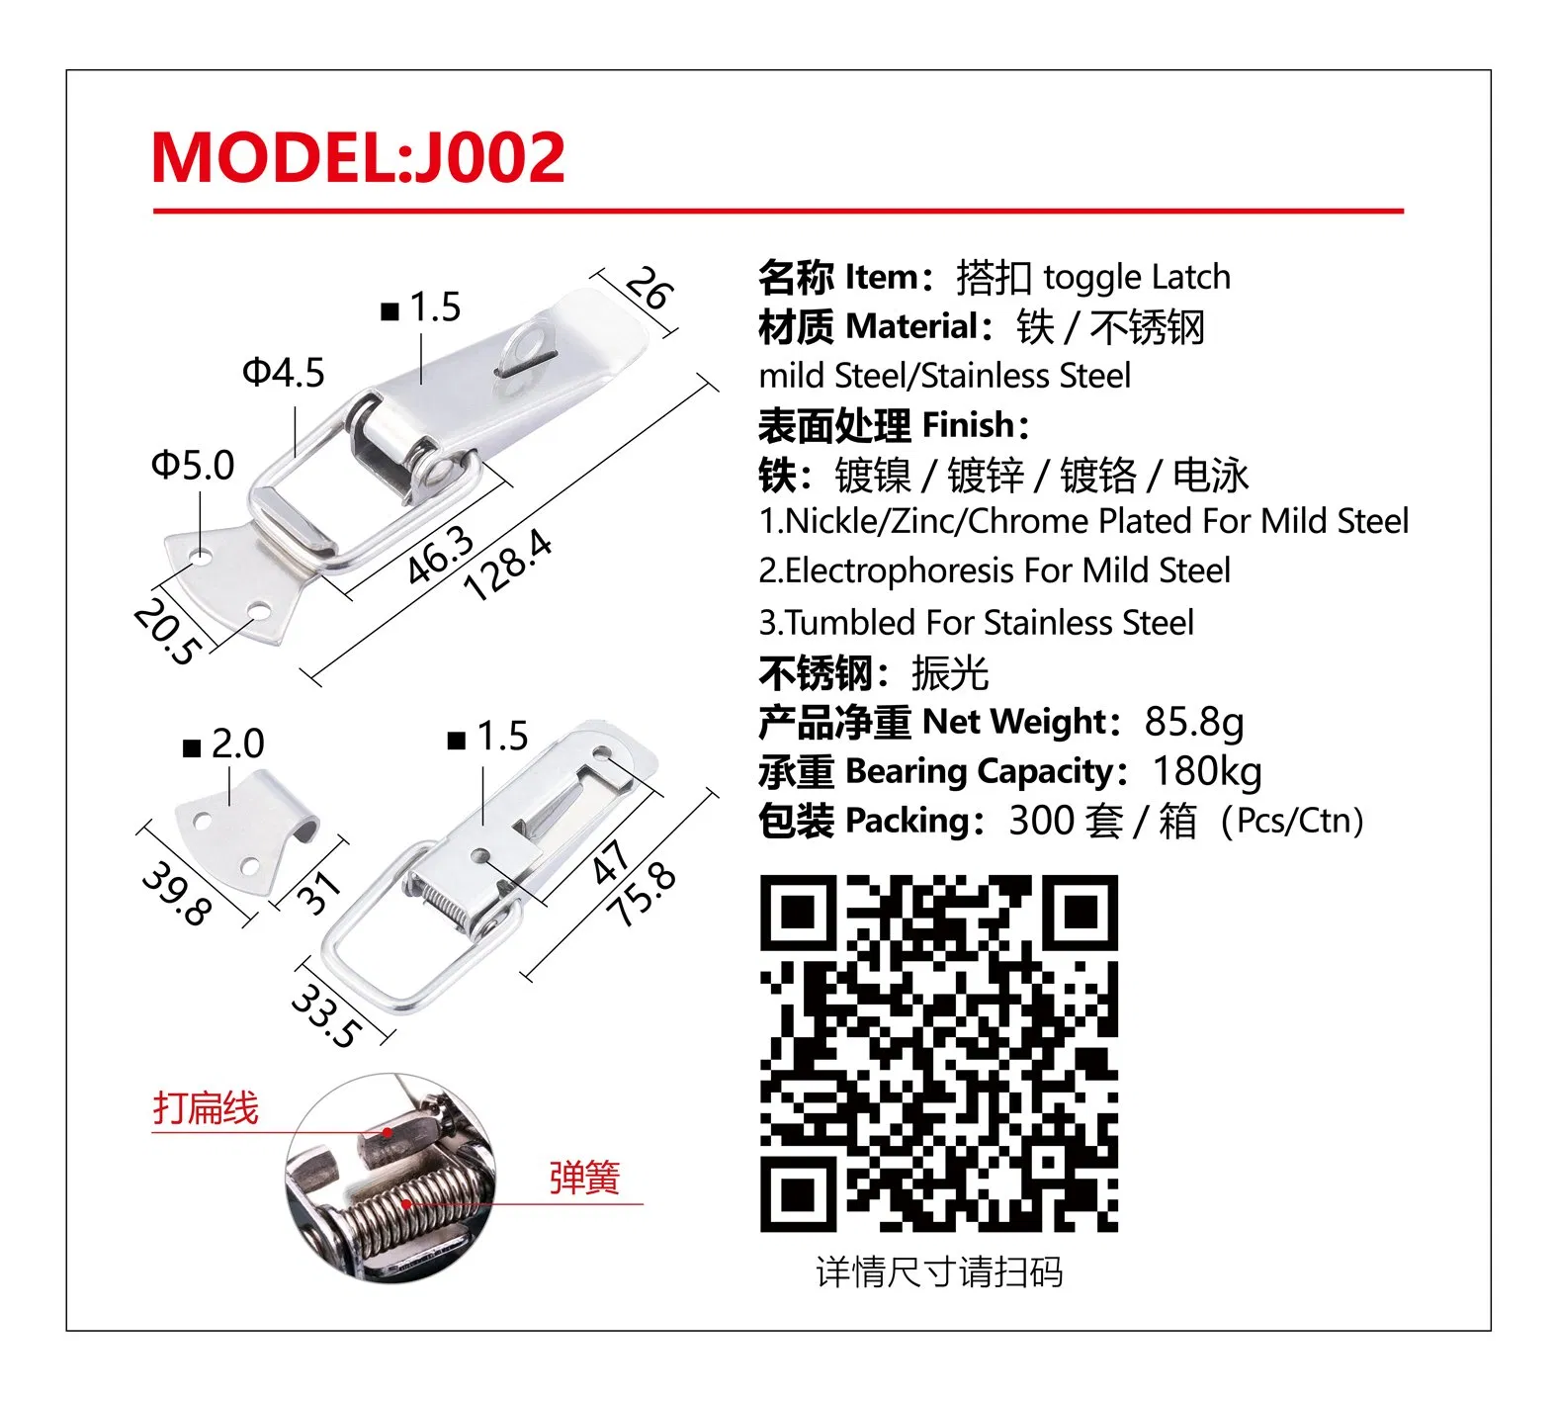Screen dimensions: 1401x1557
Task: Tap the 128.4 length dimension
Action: coord(507,565)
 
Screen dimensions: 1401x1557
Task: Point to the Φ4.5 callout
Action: coord(284,374)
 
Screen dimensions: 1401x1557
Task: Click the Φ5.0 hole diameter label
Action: coord(193,465)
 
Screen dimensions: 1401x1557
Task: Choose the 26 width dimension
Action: coord(649,289)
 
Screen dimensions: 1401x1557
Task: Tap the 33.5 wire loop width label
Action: coord(325,1015)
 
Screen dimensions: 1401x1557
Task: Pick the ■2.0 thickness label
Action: coord(224,744)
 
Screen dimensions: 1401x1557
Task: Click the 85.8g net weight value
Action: coord(1193,723)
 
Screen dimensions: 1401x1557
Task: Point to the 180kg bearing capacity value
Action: coord(1207,772)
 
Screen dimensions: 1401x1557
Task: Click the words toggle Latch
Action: coord(1137,278)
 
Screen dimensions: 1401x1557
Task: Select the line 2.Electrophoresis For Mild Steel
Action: coord(995,571)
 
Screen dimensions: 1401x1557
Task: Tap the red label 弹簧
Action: coord(584,1178)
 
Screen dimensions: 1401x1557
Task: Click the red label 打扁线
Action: coord(206,1108)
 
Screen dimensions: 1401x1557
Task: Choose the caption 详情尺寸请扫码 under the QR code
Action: coord(939,1272)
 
